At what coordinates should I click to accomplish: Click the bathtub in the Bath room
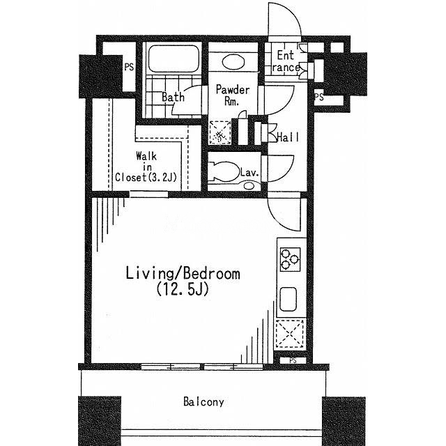(173, 59)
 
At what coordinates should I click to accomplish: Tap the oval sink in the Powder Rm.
(233, 62)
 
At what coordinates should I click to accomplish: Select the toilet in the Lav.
(223, 171)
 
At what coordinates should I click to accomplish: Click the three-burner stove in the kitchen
(291, 259)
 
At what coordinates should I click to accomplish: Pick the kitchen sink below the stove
(289, 299)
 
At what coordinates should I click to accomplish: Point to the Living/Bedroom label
(183, 273)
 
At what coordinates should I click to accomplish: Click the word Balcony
(203, 401)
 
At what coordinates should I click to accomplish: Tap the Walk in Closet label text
(146, 167)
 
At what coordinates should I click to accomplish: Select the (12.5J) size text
(183, 289)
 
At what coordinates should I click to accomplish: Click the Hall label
(288, 137)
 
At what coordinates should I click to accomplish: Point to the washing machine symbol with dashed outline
(220, 132)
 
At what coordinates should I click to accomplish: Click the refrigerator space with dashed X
(289, 333)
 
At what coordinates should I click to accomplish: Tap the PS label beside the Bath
(129, 67)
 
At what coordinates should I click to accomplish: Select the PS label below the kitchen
(293, 360)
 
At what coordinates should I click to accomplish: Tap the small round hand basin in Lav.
(249, 186)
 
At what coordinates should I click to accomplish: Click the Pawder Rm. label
(232, 95)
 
